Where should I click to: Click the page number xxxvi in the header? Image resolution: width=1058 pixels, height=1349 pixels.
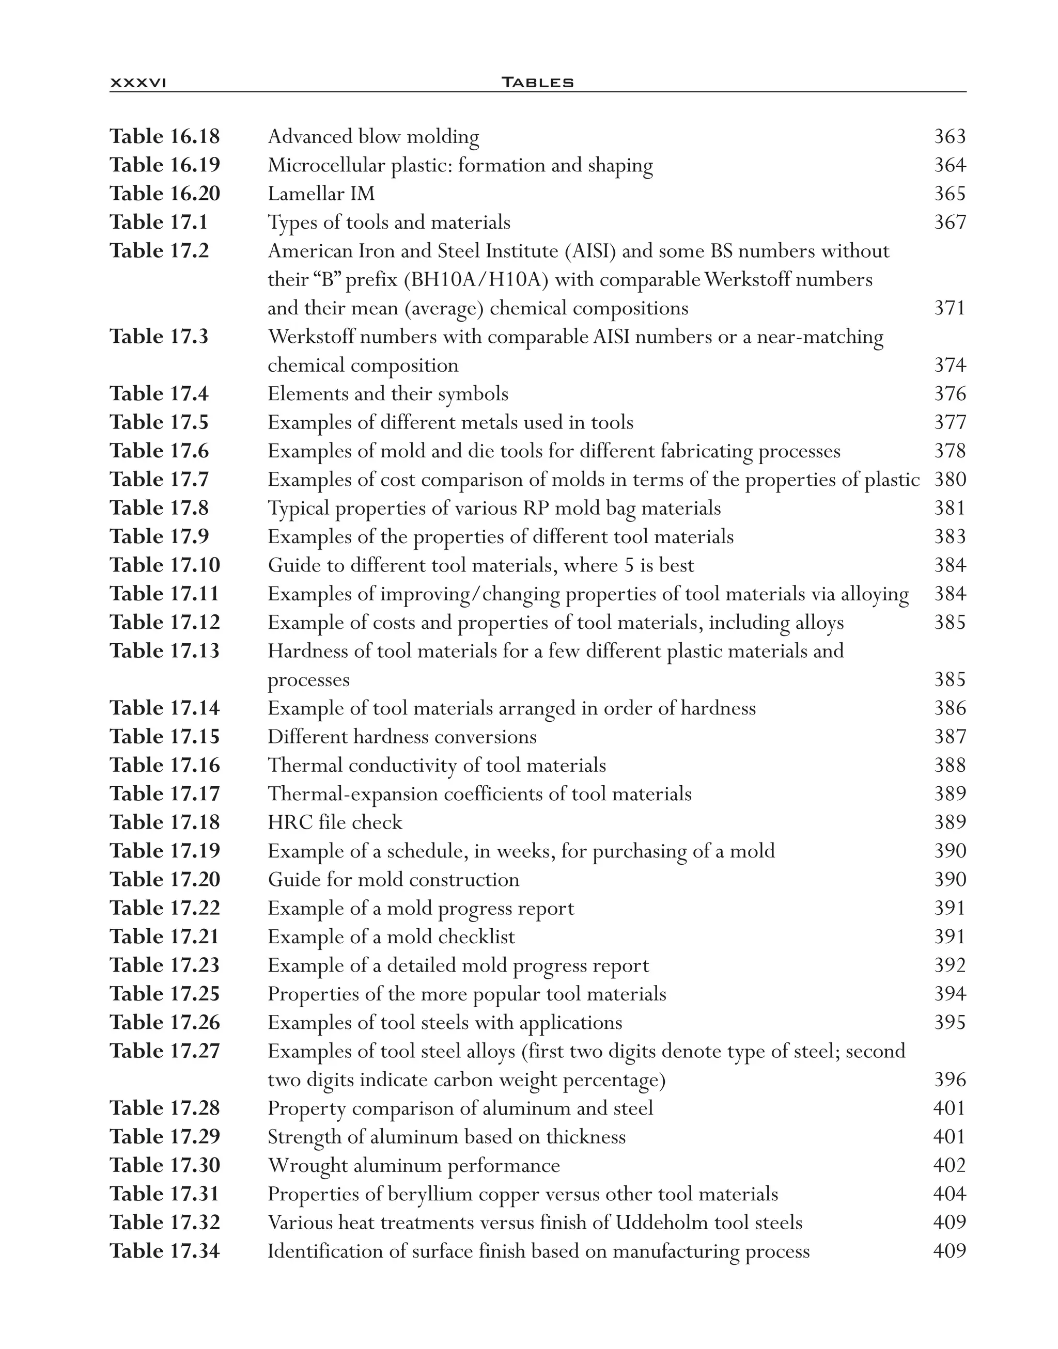[137, 82]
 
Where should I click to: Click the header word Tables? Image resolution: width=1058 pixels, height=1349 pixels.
[537, 82]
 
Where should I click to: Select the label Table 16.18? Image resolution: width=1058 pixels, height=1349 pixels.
[165, 136]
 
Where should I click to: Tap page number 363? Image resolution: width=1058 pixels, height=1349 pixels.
[950, 136]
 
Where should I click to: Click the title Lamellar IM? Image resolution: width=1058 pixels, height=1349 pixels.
[321, 194]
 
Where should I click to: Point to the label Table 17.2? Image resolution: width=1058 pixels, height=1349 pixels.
[159, 251]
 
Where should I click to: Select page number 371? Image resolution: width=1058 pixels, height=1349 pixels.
[950, 308]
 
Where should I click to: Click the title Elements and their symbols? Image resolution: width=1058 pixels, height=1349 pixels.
[388, 394]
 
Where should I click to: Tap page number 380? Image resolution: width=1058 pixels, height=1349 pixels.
[950, 480]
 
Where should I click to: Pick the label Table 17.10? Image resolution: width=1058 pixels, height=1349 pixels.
[165, 565]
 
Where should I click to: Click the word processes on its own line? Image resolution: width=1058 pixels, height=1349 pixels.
[308, 680]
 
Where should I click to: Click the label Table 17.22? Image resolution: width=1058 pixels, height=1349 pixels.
[165, 908]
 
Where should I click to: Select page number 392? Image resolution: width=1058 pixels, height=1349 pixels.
[950, 965]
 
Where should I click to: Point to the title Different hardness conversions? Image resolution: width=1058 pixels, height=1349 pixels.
[402, 737]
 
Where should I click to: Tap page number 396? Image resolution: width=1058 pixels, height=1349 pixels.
[950, 1080]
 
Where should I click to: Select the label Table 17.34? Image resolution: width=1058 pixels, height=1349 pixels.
[165, 1251]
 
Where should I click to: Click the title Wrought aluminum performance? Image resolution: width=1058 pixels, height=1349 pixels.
[414, 1166]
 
